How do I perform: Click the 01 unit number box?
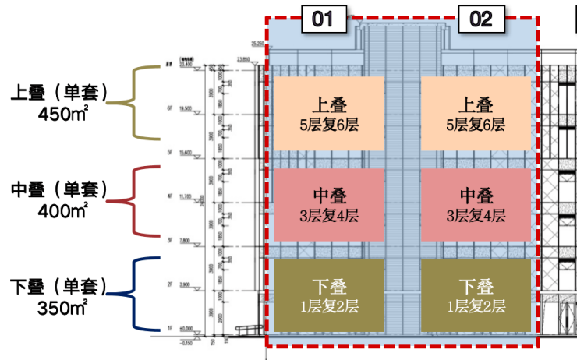pyautogui.click(x=323, y=19)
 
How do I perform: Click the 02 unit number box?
pyautogui.click(x=481, y=19)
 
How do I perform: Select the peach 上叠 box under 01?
pyautogui.click(x=328, y=113)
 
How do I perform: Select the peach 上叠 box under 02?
pyautogui.click(x=476, y=113)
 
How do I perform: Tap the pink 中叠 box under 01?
pyautogui.click(x=328, y=204)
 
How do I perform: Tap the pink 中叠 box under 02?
pyautogui.click(x=476, y=204)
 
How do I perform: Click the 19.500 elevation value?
pyautogui.click(x=187, y=110)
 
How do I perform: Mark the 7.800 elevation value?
pyautogui.click(x=187, y=240)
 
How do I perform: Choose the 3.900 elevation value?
pyautogui.click(x=187, y=284)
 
